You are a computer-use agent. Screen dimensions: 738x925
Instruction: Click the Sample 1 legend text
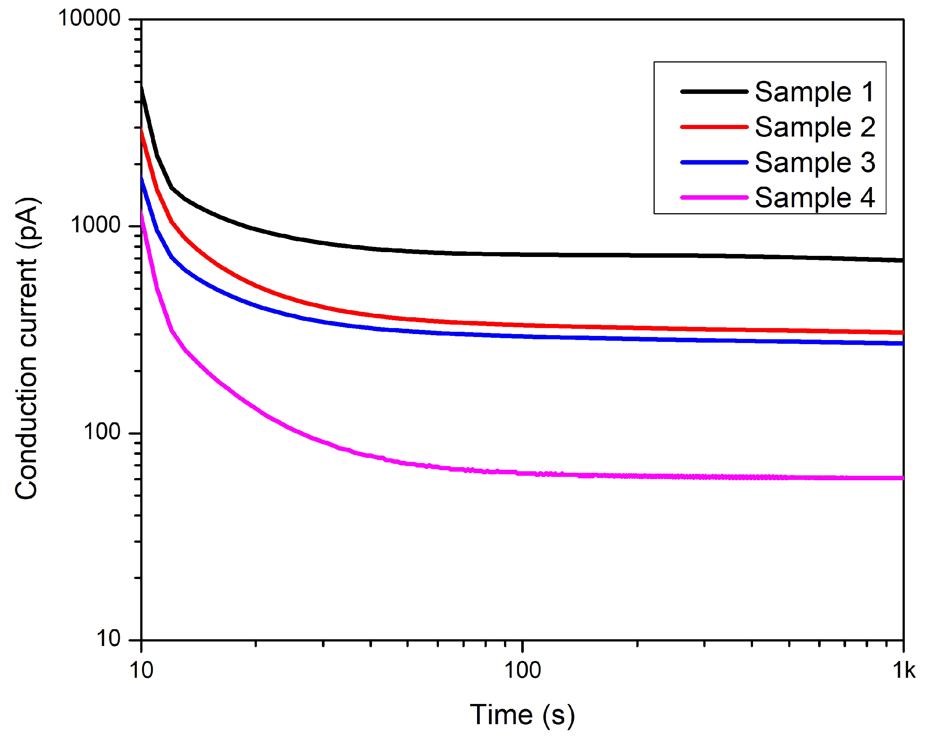814,92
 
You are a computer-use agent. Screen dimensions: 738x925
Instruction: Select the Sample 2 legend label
814,127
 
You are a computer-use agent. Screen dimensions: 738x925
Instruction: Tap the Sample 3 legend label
814,162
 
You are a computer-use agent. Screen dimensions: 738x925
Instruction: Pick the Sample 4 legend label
814,197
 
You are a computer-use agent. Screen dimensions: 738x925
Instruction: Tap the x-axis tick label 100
522,670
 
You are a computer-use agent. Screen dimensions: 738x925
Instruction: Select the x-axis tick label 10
141,670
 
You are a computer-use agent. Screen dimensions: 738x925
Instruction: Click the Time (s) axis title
522,715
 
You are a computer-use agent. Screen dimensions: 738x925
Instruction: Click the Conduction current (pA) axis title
27,348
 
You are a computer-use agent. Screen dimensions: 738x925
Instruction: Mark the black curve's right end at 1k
902,260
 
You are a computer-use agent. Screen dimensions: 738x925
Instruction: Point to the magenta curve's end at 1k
902,478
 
